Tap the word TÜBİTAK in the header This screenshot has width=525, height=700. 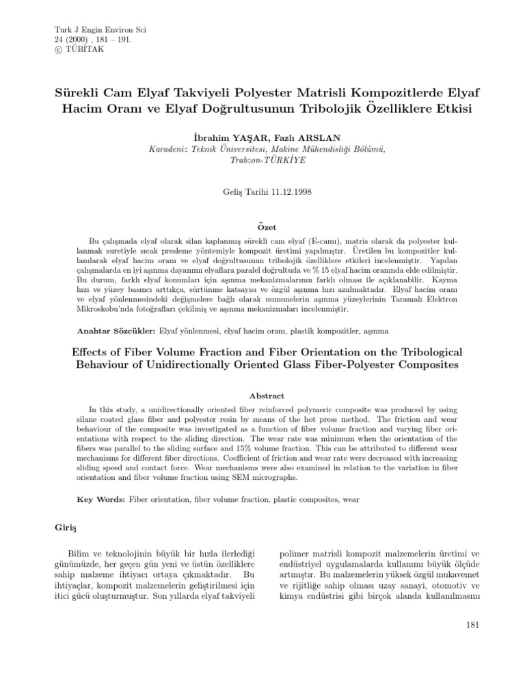click(x=77, y=49)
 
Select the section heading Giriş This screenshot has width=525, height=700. click(x=66, y=528)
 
